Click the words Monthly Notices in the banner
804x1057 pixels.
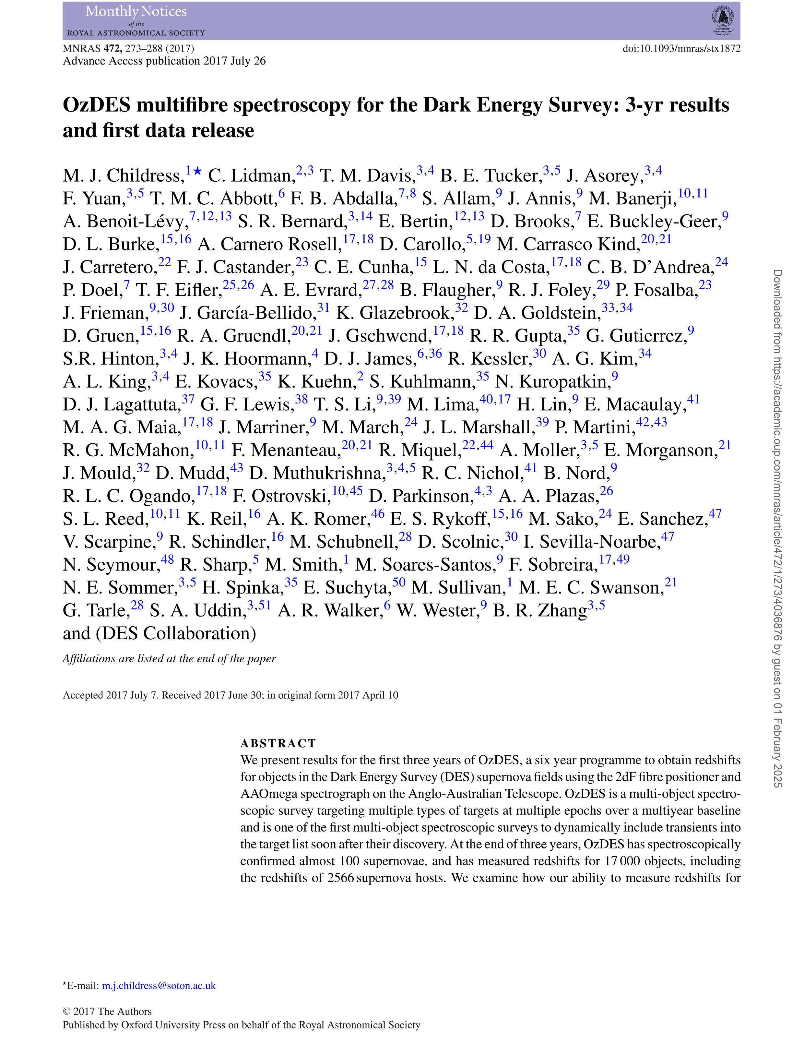(x=136, y=11)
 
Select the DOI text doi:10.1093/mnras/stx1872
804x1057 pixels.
(x=681, y=48)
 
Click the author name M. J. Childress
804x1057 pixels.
(x=123, y=176)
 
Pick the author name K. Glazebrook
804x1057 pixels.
(x=395, y=313)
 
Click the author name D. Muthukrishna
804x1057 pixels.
(x=317, y=474)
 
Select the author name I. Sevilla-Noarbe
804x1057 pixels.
(x=592, y=542)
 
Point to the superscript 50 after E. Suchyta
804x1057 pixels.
(x=399, y=583)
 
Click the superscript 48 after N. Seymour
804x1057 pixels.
(x=168, y=559)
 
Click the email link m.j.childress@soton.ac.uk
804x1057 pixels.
(x=159, y=986)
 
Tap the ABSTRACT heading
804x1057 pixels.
(x=278, y=743)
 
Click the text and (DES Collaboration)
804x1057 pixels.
(x=160, y=633)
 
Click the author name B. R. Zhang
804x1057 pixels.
(x=540, y=611)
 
